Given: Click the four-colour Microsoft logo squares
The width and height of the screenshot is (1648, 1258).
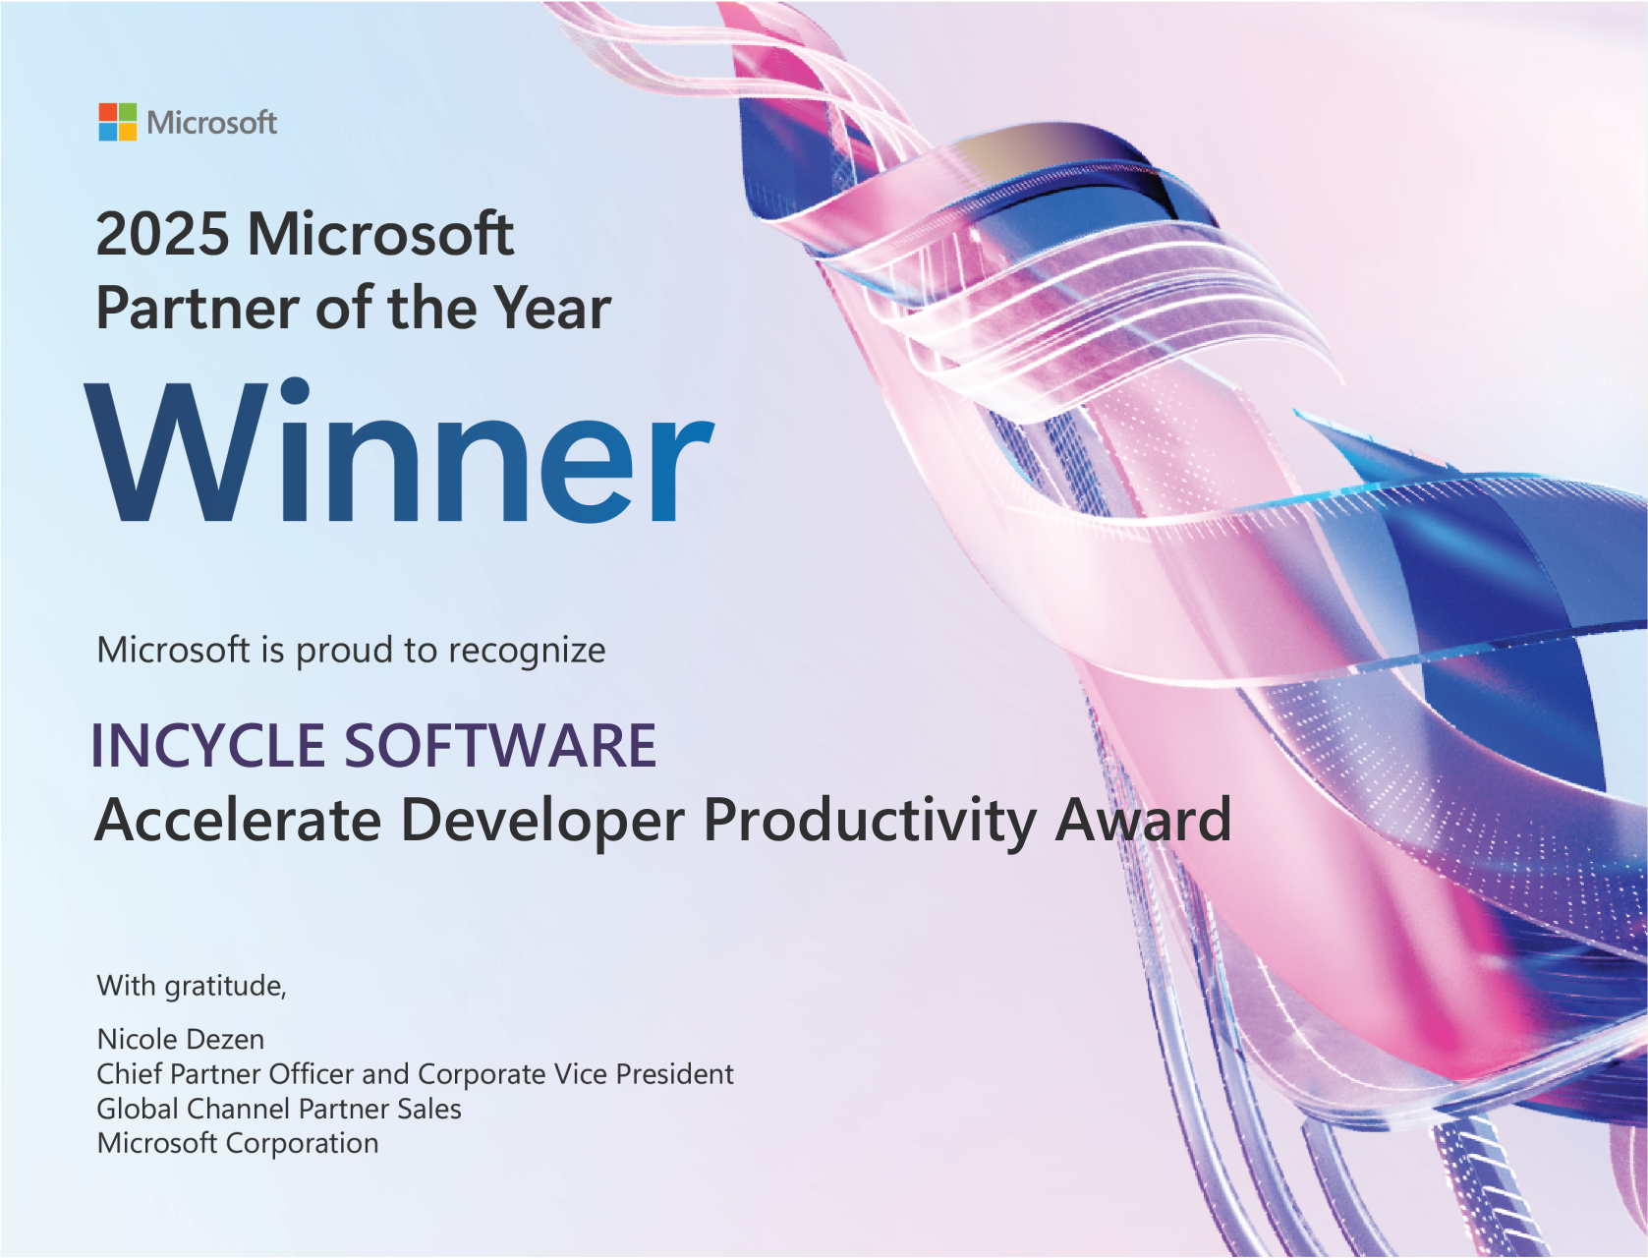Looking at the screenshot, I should tap(118, 122).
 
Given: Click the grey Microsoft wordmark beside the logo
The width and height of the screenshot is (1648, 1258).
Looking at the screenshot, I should tap(211, 123).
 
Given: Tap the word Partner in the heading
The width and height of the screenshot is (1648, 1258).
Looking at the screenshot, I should tap(197, 309).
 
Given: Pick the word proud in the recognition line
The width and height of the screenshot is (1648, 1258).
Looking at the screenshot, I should tap(344, 652).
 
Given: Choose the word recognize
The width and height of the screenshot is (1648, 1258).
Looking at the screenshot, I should tap(527, 652).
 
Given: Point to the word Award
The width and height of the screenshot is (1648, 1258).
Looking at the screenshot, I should tap(1142, 820).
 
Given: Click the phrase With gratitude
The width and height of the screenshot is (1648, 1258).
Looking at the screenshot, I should tap(191, 986).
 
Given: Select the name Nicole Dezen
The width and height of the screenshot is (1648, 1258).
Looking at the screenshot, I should tap(181, 1039).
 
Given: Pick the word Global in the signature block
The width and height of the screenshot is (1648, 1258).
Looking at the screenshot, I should tap(138, 1109).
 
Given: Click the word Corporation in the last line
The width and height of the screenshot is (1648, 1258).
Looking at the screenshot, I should tap(302, 1144).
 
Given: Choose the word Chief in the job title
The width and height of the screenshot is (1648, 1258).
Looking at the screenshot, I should tap(129, 1074).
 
